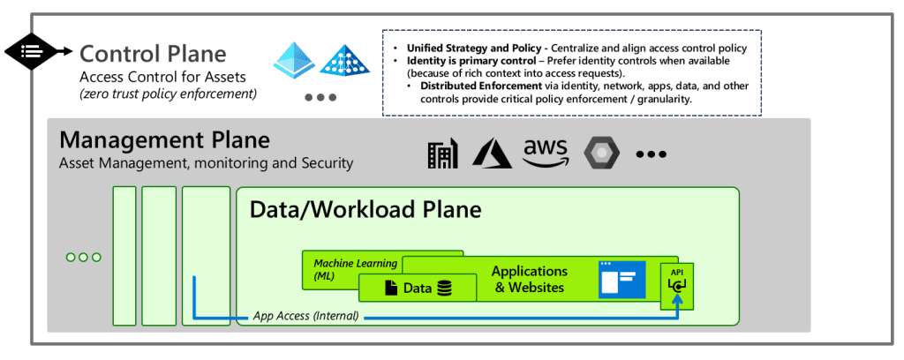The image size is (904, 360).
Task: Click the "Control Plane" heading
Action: click(153, 54)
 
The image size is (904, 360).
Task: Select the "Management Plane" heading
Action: click(164, 140)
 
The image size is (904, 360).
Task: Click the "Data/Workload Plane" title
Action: click(365, 209)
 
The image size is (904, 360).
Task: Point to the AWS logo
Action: click(546, 153)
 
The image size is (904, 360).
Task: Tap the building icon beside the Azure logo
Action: click(443, 154)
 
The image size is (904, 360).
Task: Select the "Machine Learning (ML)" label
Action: click(343, 270)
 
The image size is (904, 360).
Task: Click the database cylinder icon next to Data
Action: click(444, 288)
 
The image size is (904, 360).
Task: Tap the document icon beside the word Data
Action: click(389, 288)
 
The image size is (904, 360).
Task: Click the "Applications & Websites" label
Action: click(529, 279)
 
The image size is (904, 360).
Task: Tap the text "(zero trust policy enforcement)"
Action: click(168, 94)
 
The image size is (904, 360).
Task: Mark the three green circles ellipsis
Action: click(84, 257)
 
